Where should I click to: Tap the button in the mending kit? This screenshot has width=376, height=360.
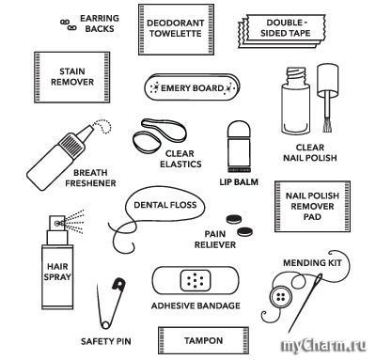[x=280, y=296]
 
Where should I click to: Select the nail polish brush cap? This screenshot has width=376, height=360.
[x=327, y=80]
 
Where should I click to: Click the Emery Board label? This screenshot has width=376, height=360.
[x=192, y=88]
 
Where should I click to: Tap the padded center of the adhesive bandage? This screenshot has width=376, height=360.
[x=196, y=280]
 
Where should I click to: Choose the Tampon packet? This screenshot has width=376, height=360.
[x=203, y=340]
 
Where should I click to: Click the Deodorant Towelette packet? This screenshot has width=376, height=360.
[x=176, y=29]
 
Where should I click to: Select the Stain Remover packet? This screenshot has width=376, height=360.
[x=72, y=77]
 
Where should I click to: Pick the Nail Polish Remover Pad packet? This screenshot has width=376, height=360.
[x=312, y=206]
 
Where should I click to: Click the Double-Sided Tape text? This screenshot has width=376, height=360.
[x=286, y=28]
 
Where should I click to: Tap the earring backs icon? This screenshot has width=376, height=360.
[x=69, y=25]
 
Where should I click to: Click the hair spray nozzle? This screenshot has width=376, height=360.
[x=57, y=223]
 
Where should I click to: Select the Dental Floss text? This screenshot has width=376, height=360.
[x=165, y=205]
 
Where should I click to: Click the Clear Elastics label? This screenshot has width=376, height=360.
[x=180, y=159]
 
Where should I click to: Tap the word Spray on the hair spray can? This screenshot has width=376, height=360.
[x=57, y=277]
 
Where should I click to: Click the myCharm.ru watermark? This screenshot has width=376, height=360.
[x=323, y=346]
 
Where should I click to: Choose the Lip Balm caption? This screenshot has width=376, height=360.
[x=239, y=182]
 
